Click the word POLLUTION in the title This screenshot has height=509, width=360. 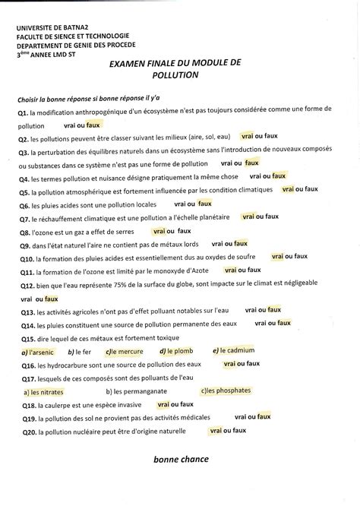[175, 76]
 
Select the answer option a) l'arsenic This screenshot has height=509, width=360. [35, 353]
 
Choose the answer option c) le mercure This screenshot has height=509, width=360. [124, 352]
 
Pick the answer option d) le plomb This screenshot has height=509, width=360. [176, 351]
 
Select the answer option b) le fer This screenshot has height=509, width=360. [79, 353]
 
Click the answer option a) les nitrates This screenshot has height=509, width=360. [43, 392]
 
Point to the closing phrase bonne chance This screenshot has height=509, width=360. [181, 460]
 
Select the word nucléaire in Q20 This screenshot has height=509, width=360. [88, 432]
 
